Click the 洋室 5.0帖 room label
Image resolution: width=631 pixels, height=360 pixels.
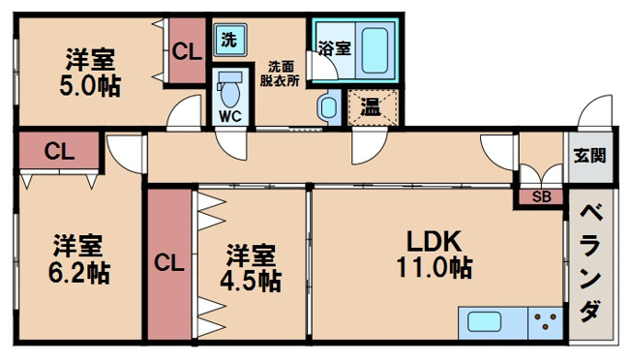pos(93,72)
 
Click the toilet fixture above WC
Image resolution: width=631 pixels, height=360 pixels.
pos(230,91)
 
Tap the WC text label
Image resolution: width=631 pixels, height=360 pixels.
pos(229,116)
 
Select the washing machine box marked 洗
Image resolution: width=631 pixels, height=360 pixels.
pos(228,42)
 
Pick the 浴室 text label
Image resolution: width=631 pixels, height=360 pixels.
pos(334,45)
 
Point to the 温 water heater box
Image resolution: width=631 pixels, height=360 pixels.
pos(369,105)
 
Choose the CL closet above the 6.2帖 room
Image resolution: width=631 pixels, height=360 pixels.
pos(59,151)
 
